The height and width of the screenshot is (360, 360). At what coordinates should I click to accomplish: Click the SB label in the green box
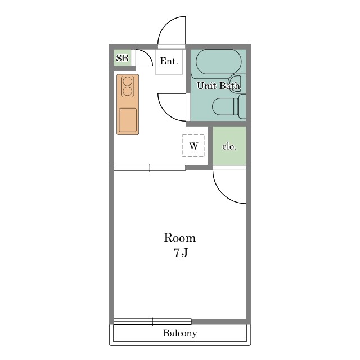click(122, 58)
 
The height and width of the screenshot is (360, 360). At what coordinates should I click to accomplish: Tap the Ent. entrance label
click(169, 61)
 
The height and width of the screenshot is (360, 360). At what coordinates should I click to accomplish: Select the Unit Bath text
click(219, 85)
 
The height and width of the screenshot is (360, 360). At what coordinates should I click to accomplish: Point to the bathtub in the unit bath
click(219, 62)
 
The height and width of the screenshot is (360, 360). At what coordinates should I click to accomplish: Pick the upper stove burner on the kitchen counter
click(128, 81)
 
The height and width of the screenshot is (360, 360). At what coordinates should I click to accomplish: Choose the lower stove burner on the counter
click(128, 91)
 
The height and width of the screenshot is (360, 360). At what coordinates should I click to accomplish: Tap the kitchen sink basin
click(128, 120)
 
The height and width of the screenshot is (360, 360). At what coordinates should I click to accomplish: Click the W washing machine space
click(193, 146)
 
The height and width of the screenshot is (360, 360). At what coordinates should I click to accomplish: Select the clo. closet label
click(229, 146)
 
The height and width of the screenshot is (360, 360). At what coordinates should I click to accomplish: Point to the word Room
click(180, 238)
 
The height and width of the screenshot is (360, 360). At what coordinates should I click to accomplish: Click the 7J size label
click(181, 253)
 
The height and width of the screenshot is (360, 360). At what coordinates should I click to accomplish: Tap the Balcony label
click(180, 333)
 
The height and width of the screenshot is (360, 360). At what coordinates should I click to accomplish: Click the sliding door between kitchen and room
click(150, 168)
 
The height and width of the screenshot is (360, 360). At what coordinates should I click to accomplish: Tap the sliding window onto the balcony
click(152, 321)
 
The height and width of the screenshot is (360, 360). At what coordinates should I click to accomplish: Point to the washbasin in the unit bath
click(237, 84)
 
